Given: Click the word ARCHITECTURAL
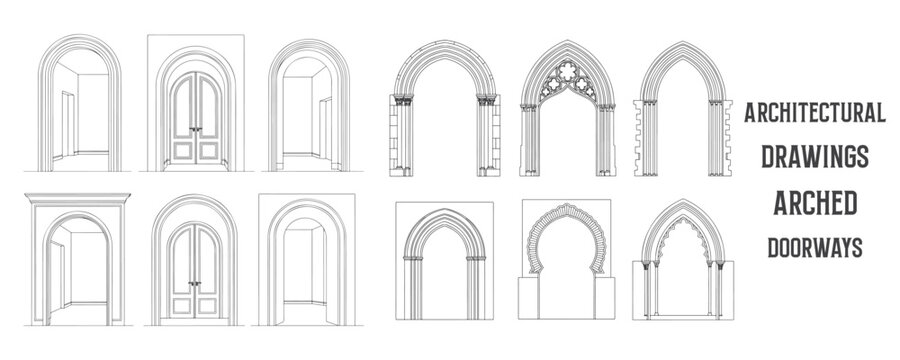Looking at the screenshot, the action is coord(813,113).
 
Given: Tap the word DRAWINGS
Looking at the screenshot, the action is coord(813,156).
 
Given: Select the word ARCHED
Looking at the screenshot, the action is coord(813,203).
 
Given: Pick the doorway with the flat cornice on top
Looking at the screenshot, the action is coord(78,255).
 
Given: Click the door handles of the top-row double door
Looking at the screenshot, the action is coord(196,127).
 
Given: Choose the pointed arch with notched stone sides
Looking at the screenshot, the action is coord(680,110).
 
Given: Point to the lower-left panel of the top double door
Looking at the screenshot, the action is coord(183,149).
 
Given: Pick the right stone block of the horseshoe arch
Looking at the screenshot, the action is coord(605,297).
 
